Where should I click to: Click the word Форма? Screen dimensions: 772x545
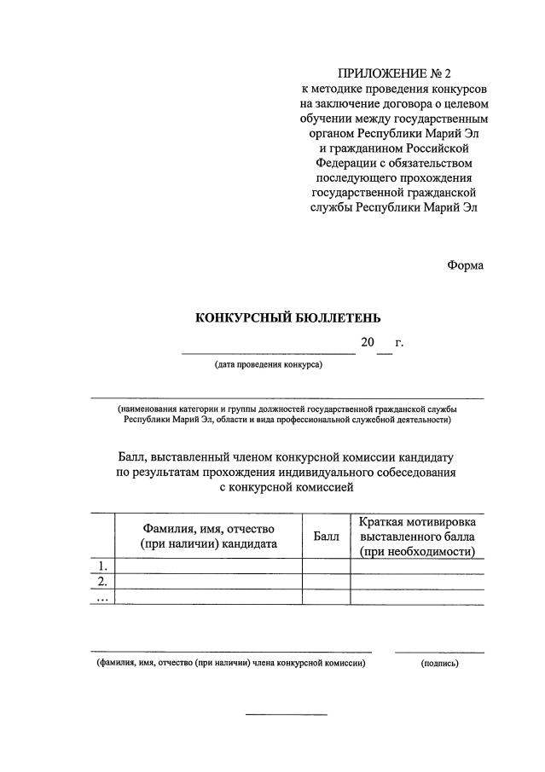tap(465, 265)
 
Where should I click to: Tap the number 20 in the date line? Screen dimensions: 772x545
tap(368, 343)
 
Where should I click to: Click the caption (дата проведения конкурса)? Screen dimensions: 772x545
tap(268, 365)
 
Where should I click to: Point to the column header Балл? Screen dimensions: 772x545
tap(326, 537)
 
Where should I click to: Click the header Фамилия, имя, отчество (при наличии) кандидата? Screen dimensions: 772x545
tap(209, 536)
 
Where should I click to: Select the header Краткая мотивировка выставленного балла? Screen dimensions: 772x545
tap(417, 536)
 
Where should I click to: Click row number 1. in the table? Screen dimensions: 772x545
tap(103, 566)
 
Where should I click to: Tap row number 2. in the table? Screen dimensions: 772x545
tap(103, 582)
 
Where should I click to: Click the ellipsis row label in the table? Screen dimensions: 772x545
tap(103, 597)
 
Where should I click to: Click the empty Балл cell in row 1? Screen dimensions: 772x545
tap(326, 566)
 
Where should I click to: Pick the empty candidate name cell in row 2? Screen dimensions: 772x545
tap(209, 582)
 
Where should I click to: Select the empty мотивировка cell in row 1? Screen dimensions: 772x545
tap(417, 566)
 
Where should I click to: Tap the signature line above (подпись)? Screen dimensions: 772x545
tap(439, 653)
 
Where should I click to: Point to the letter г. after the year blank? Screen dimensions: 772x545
tap(398, 343)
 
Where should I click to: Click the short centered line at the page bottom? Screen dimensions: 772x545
tap(287, 714)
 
